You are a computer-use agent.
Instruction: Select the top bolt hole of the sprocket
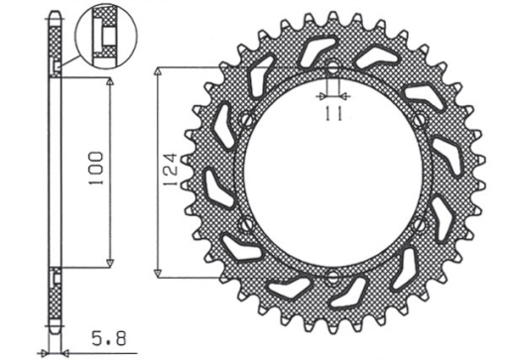[332, 70]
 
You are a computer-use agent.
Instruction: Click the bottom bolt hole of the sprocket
[332, 275]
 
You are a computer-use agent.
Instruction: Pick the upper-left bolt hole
[245, 121]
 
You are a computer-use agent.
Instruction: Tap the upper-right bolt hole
[421, 121]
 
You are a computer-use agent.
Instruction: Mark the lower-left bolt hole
[245, 224]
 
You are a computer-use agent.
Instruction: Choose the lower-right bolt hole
[421, 224]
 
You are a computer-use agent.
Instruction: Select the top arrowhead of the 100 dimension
[108, 79]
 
